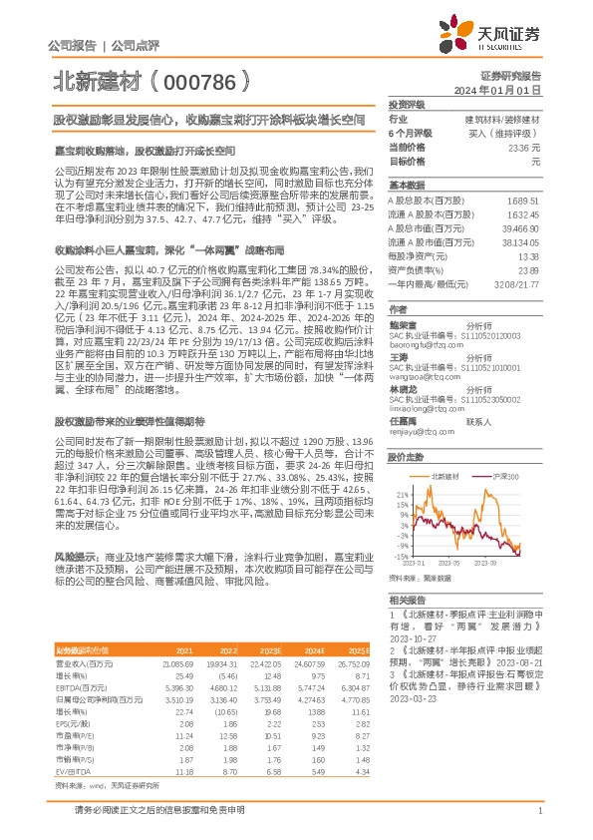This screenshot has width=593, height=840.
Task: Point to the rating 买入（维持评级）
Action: pos(504,133)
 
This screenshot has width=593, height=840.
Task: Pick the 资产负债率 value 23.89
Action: pos(527,269)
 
